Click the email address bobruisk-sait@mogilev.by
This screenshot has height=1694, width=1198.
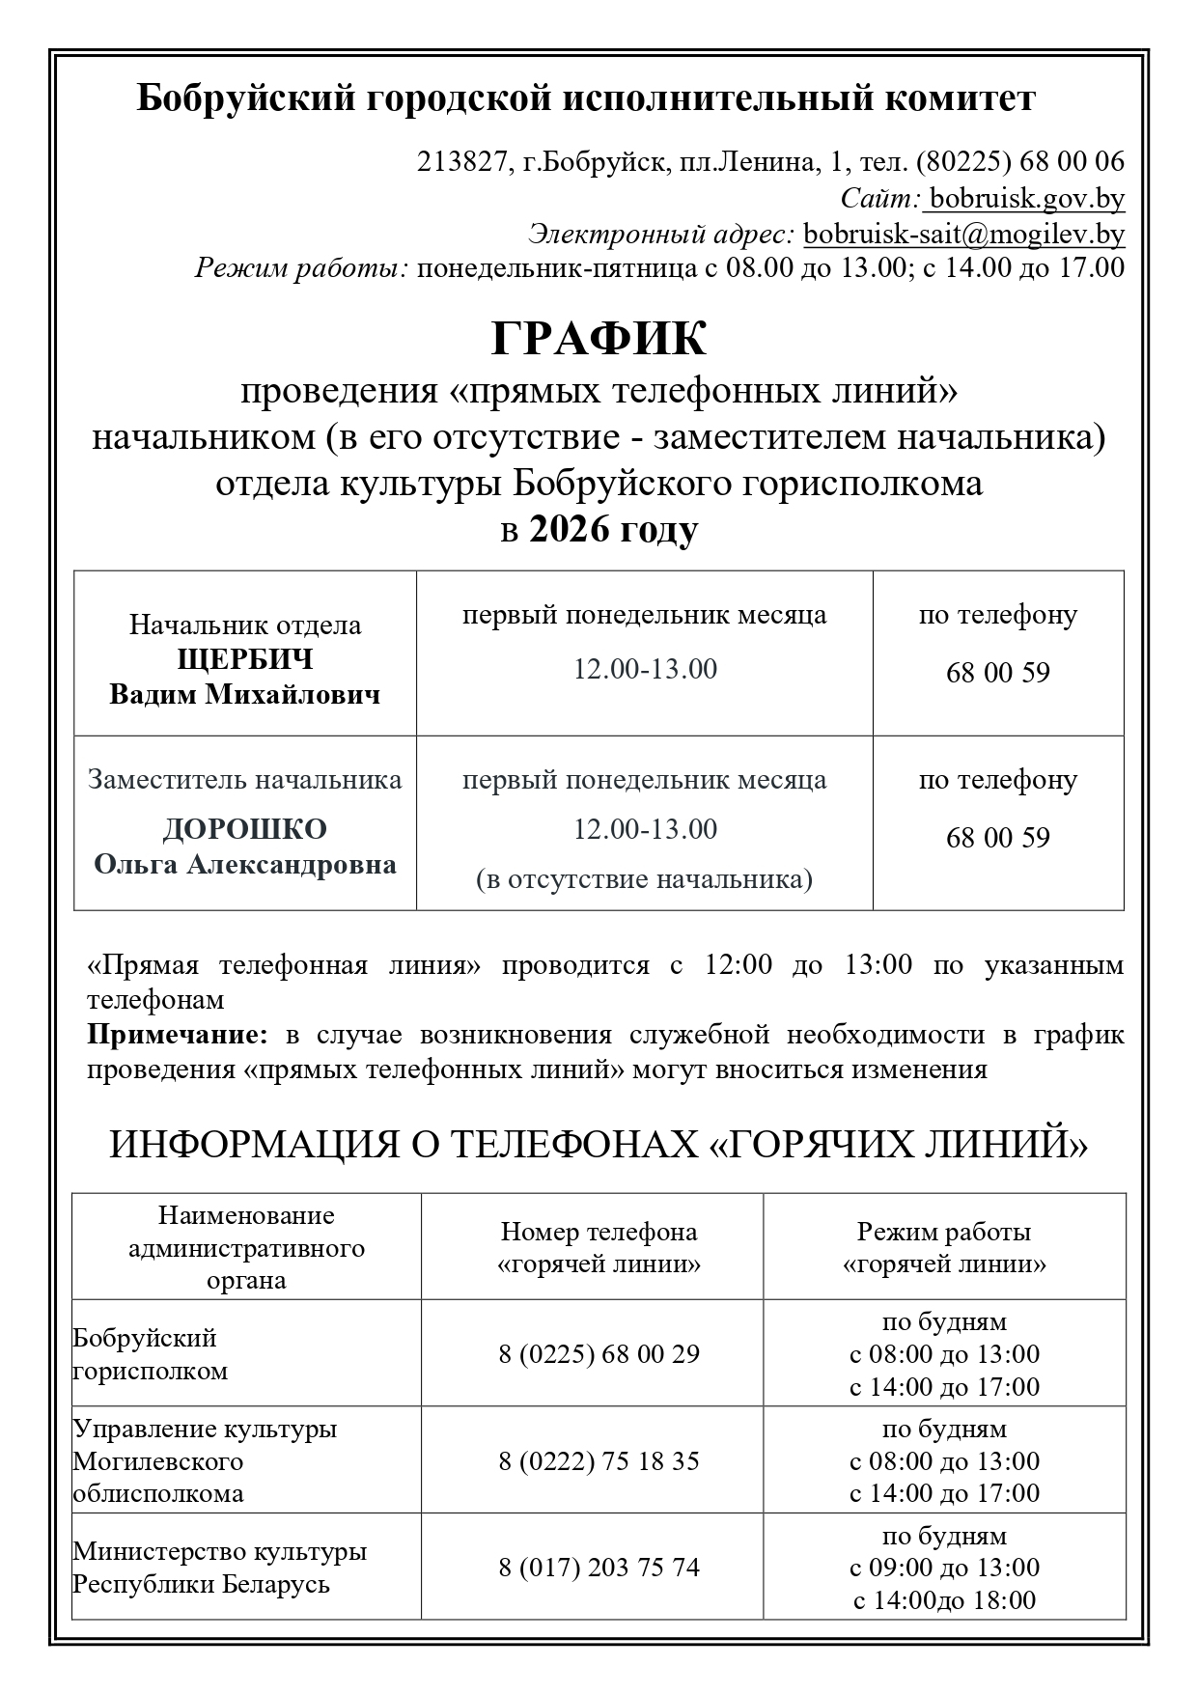(963, 234)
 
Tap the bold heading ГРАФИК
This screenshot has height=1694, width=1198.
(599, 339)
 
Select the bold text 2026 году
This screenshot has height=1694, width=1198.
(613, 530)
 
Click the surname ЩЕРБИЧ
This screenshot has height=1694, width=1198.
(245, 659)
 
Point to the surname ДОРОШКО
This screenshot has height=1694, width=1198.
(245, 829)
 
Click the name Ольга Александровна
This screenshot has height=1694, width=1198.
(245, 864)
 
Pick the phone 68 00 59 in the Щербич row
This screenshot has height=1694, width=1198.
(997, 673)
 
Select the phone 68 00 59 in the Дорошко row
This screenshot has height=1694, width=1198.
(997, 838)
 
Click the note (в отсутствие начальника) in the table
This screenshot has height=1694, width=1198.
(644, 879)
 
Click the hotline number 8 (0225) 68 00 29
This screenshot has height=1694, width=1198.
(599, 1353)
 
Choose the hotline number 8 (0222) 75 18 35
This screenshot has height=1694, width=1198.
(599, 1460)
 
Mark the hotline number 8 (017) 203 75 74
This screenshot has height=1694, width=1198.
(599, 1567)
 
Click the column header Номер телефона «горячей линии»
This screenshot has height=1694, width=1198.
(599, 1247)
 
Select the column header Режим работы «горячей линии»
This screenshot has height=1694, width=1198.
(944, 1247)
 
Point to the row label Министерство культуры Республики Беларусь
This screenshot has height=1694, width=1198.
(220, 1568)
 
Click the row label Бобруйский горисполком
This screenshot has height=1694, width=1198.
(150, 1354)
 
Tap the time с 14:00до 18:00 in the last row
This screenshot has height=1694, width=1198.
(944, 1600)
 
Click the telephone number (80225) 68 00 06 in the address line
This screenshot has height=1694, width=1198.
(1019, 161)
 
